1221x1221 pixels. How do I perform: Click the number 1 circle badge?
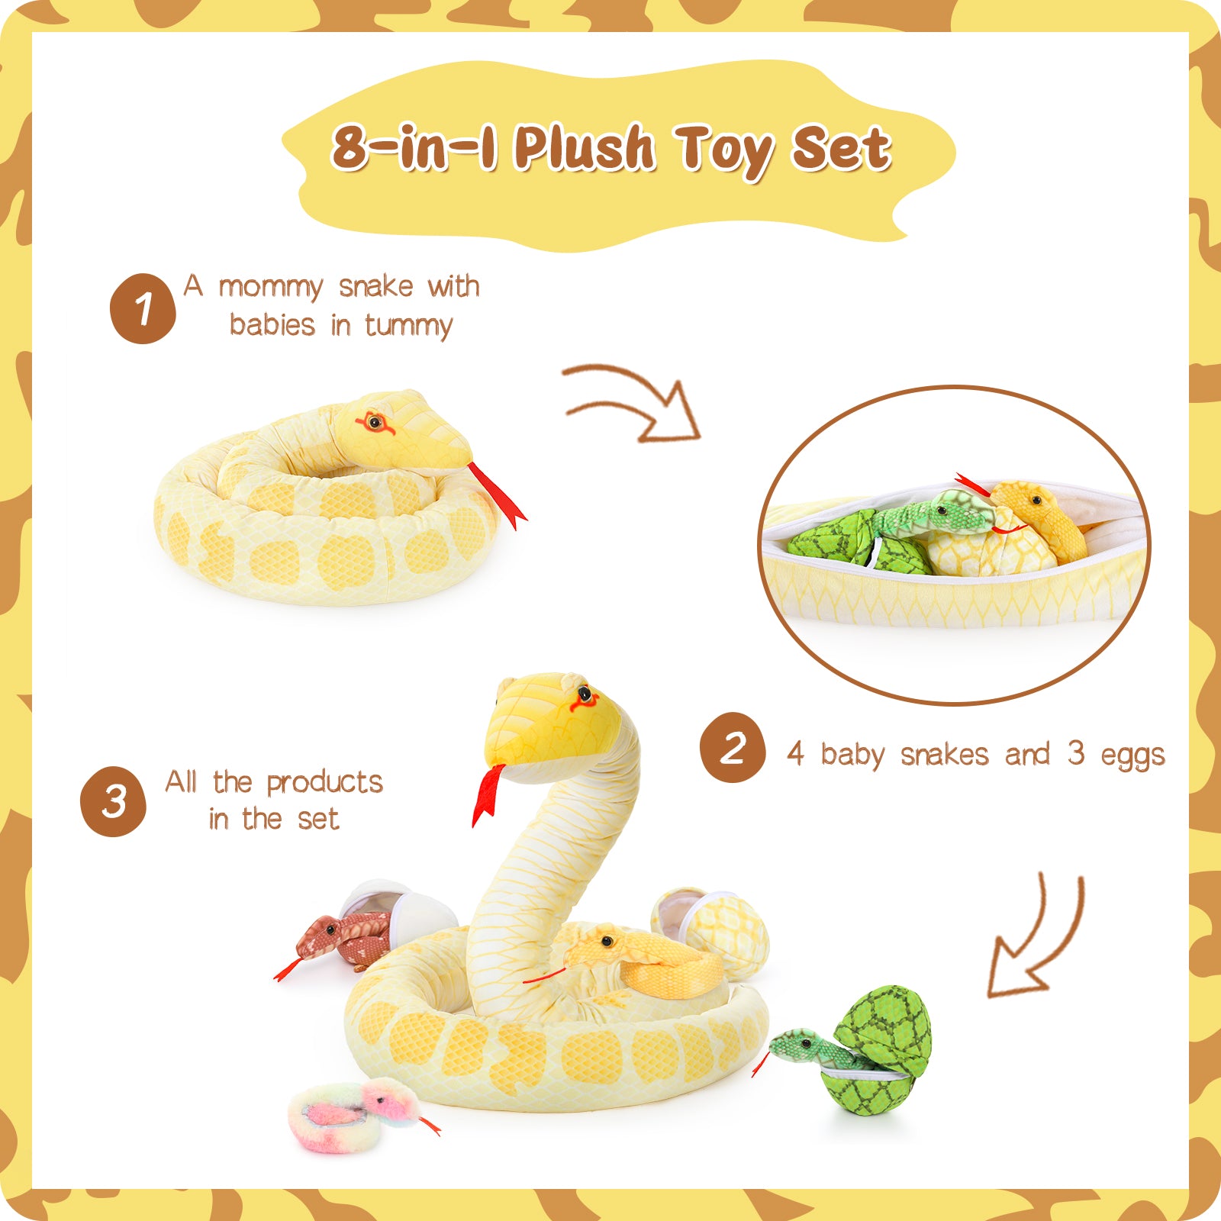click(143, 308)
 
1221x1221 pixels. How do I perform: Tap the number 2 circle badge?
click(733, 747)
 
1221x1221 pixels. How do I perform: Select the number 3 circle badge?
click(114, 801)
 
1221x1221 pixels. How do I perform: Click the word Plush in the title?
click(584, 148)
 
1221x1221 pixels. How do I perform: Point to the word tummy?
click(408, 326)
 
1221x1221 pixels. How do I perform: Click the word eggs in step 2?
click(1132, 755)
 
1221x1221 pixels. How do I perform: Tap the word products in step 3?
click(324, 783)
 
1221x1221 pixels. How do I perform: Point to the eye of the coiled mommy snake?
click(374, 420)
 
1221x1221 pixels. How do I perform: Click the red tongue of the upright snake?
click(488, 794)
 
